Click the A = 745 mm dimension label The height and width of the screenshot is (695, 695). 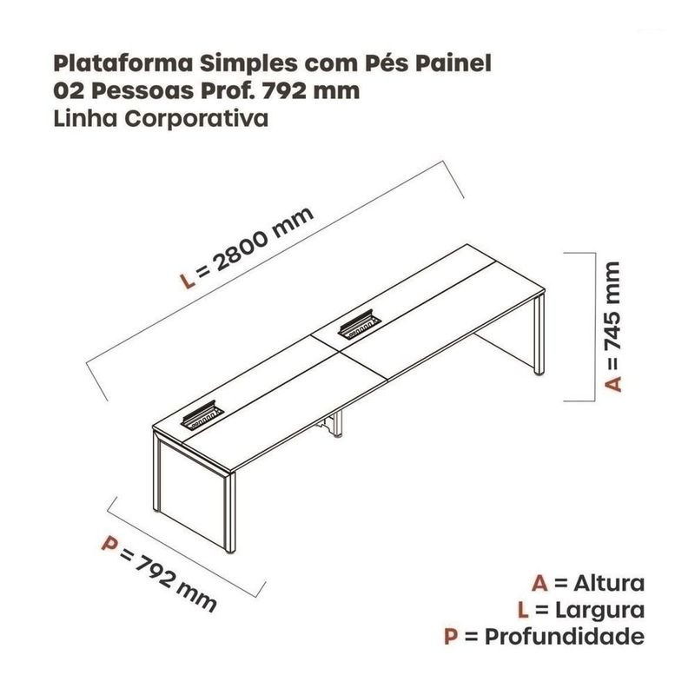613,325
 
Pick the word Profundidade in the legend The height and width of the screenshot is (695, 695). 566,637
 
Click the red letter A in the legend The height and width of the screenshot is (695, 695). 539,581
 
